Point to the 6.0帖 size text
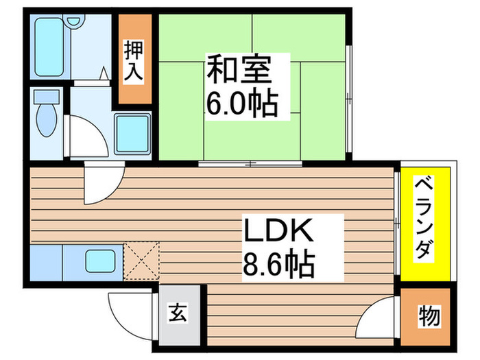242,104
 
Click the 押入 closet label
134,60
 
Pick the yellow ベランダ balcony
425,226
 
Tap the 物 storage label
428,317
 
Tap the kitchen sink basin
99,261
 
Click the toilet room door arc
86,137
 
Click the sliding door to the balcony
397,213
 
